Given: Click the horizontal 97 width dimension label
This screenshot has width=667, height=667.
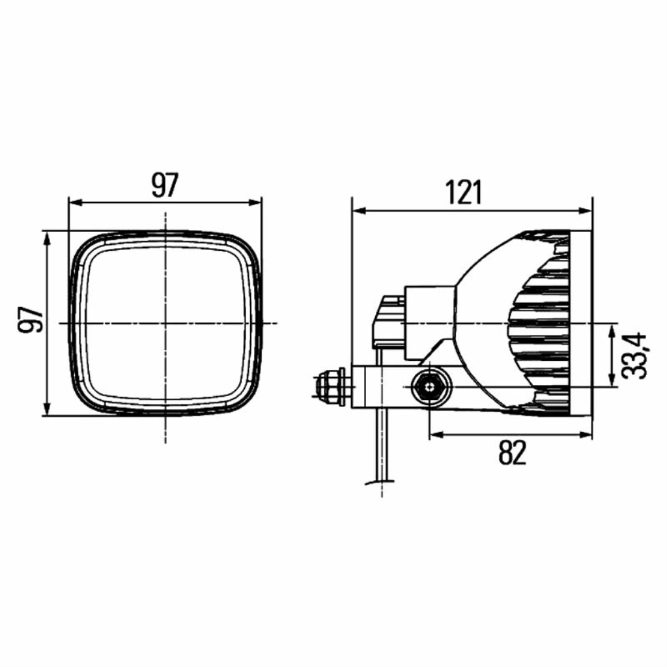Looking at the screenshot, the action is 165,185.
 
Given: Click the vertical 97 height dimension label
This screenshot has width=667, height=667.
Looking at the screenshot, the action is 31,319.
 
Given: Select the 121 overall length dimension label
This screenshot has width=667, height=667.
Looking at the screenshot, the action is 464,193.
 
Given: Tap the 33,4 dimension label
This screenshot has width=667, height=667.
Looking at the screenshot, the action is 633,356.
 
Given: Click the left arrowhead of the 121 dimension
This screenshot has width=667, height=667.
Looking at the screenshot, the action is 359,210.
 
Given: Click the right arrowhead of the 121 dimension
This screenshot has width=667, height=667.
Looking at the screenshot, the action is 585,210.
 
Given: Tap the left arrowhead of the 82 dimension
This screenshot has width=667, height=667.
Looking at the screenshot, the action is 436,434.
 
